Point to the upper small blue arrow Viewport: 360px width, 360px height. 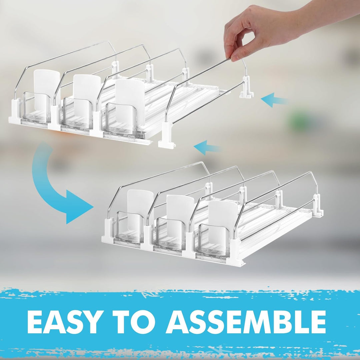(274, 100)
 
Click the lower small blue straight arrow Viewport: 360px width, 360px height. (207, 147)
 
